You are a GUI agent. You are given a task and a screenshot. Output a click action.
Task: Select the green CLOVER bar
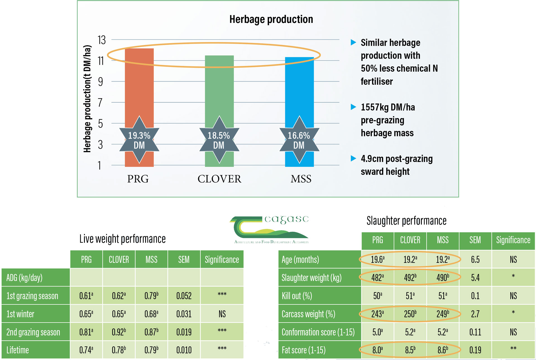coord(219,89)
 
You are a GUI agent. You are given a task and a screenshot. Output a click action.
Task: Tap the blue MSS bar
coord(299,89)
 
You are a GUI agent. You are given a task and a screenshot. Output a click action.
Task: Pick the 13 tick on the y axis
coord(102,40)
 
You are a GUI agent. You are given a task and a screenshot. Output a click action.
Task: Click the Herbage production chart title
coord(271,19)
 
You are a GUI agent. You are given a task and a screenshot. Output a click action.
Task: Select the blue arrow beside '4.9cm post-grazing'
coord(353,159)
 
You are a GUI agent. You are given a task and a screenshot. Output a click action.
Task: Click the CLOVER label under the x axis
coord(219,179)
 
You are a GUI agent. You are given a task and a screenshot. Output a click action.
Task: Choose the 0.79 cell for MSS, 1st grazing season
coord(151,296)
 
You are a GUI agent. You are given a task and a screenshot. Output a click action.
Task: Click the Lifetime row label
coord(18,350)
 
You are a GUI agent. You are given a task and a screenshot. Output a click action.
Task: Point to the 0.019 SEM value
coord(184,332)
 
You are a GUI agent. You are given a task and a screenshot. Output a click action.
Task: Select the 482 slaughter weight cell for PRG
coord(377,278)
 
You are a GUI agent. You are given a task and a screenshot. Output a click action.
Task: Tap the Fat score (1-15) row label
coord(303,350)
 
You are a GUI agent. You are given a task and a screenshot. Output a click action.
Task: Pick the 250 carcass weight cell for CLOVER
coord(410,314)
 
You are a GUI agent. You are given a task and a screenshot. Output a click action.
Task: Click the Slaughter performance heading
coord(406,221)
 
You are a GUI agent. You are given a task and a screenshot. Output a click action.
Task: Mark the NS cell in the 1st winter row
coord(222,314)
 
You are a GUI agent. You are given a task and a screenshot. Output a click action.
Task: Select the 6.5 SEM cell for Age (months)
coord(475,259)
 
